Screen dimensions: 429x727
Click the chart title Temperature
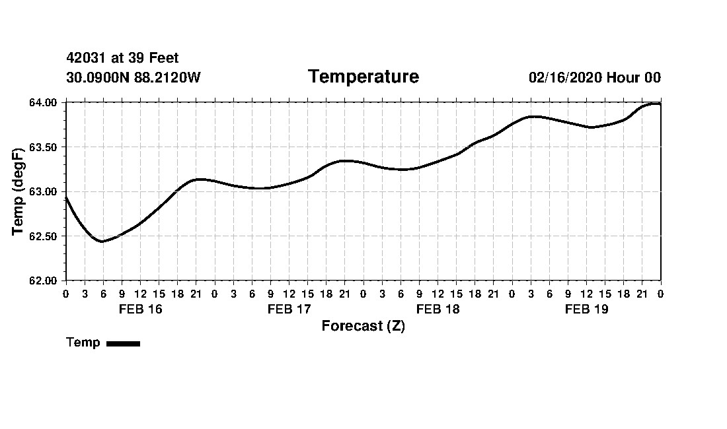(363, 77)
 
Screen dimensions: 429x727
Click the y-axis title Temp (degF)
(19, 191)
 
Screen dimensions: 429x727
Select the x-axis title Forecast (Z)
(363, 326)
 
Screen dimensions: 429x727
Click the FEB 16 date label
(140, 309)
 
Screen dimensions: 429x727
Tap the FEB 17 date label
(289, 309)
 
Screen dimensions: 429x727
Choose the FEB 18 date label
(438, 309)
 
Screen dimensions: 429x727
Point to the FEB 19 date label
(586, 309)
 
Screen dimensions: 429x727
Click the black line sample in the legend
(123, 343)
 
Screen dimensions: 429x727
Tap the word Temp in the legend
(83, 343)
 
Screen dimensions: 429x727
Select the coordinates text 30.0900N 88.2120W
(134, 78)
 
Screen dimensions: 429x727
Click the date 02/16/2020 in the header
(565, 78)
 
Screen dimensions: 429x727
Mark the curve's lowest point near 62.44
(102, 242)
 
